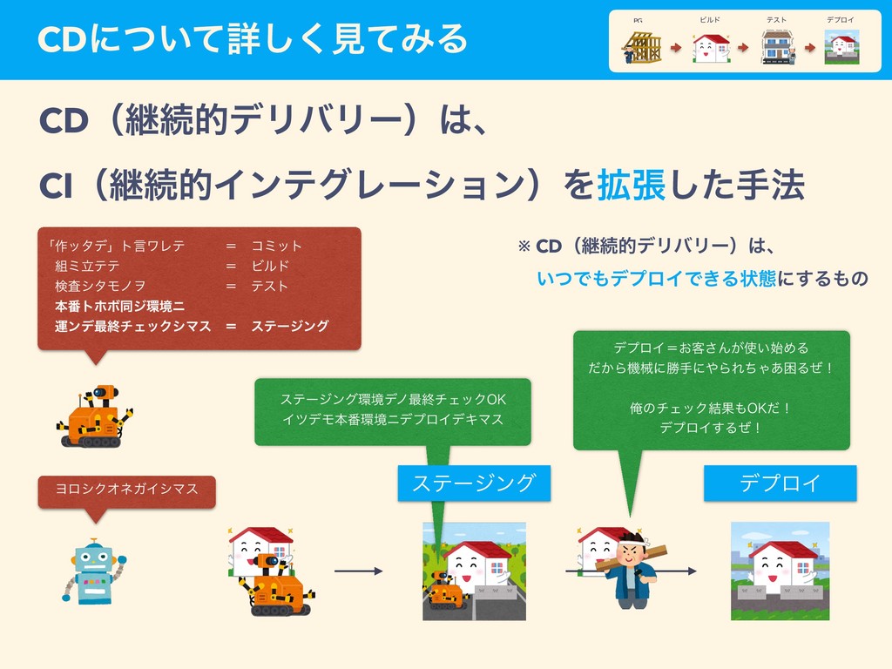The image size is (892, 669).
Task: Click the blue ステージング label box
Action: [474, 483]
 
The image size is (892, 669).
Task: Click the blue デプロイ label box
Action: [780, 483]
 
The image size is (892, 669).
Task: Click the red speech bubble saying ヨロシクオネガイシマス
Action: [126, 489]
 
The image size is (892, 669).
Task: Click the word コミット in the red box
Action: [276, 247]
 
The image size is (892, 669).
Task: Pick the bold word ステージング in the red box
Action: [290, 326]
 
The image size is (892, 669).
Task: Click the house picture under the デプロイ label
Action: [780, 571]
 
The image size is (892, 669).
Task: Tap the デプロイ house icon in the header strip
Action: [841, 47]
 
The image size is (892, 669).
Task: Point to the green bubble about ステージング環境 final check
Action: [392, 410]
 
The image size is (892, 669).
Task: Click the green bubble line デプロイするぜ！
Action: [711, 427]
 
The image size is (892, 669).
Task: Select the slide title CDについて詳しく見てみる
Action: [253, 38]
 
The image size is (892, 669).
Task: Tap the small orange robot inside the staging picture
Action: [447, 594]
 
